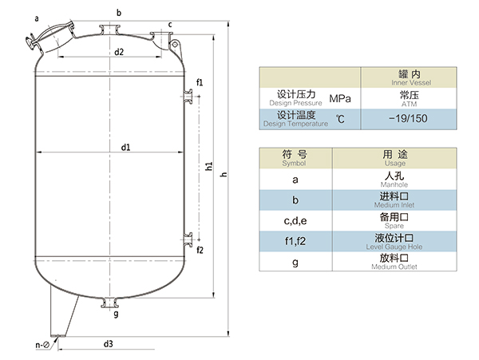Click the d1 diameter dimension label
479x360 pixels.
pyautogui.click(x=126, y=147)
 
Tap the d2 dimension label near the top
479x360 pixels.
pyautogui.click(x=118, y=52)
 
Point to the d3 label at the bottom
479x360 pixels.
pyautogui.click(x=108, y=344)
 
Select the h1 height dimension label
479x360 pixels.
pyautogui.click(x=208, y=167)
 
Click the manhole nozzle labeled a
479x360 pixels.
pyautogui.click(x=44, y=36)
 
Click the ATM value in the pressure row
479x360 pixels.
pyautogui.click(x=409, y=98)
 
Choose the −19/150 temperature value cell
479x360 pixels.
pyautogui.click(x=409, y=120)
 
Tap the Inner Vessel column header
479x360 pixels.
pyautogui.click(x=409, y=77)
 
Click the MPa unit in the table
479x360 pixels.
pyautogui.click(x=339, y=98)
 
